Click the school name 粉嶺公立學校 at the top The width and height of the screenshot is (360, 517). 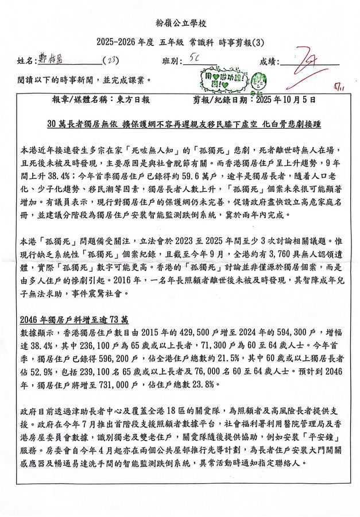(180, 23)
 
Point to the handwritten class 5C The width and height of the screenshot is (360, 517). (194, 59)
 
